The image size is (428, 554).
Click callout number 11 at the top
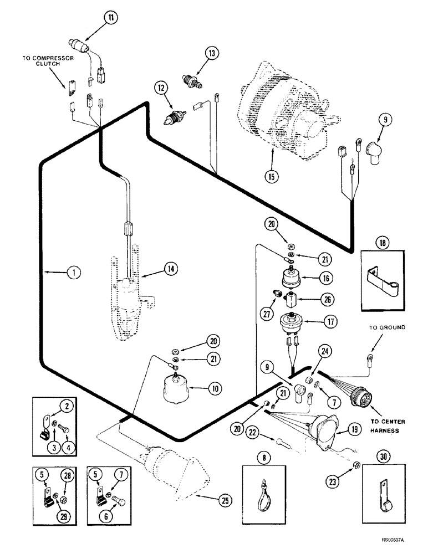click(111, 18)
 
